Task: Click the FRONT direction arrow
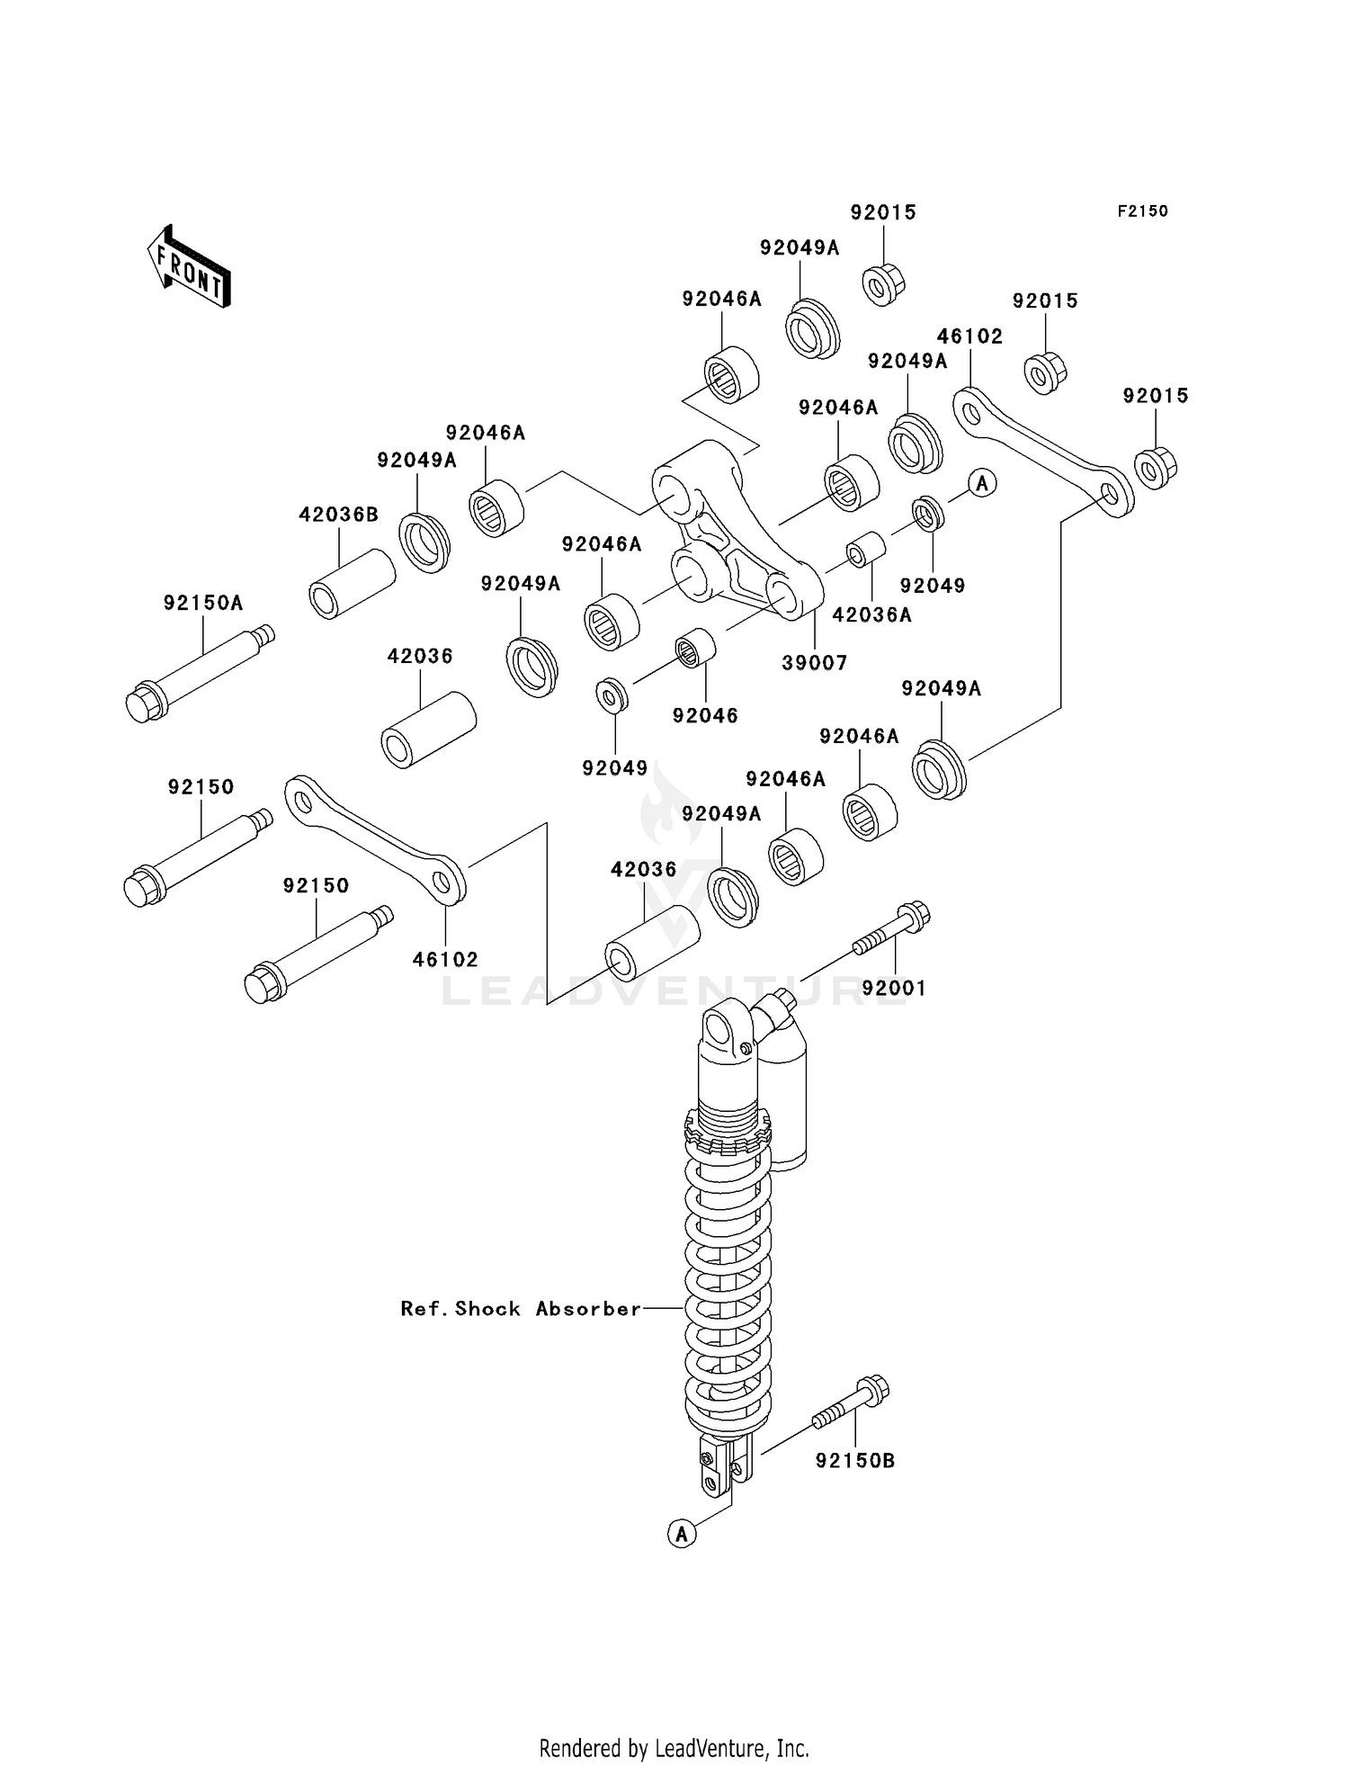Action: click(x=190, y=268)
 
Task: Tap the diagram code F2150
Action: click(x=1142, y=211)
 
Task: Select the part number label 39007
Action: click(x=814, y=663)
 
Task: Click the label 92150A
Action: click(x=203, y=603)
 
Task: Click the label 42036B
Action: click(x=338, y=515)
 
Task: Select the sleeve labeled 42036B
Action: click(x=352, y=585)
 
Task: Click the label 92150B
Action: click(x=854, y=1461)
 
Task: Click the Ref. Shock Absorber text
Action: click(x=521, y=1309)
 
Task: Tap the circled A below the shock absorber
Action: click(x=682, y=1533)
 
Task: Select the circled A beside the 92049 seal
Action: click(x=982, y=483)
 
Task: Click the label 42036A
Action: click(x=871, y=614)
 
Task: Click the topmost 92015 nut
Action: click(x=883, y=282)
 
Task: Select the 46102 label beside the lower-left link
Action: click(x=445, y=960)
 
